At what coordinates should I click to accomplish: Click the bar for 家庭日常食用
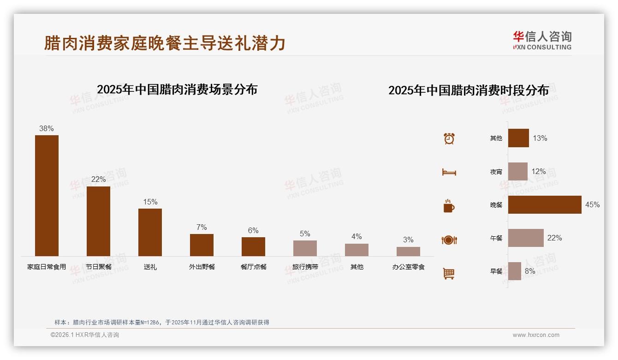point(47,195)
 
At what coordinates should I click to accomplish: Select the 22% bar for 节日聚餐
point(98,221)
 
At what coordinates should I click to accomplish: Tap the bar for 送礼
point(150,232)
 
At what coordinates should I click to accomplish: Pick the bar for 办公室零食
point(408,252)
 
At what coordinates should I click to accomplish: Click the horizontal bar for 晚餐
point(545,205)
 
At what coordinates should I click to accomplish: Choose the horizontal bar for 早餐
point(515,271)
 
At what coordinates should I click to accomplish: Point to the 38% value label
point(47,129)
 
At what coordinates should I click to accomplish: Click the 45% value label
point(592,205)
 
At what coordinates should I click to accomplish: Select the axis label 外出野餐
point(202,267)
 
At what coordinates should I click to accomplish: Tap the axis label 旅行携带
point(305,267)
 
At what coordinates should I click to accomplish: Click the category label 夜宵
point(496,172)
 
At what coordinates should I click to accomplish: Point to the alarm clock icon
point(449,138)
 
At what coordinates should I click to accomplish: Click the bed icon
point(449,172)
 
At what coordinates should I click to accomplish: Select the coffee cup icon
point(449,206)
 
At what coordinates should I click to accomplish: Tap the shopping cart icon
point(449,274)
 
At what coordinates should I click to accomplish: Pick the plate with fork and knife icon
point(449,240)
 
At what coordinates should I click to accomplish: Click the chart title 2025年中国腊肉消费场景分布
point(177,90)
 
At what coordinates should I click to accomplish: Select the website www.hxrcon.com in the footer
point(536,335)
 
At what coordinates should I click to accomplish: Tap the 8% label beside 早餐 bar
point(530,271)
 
